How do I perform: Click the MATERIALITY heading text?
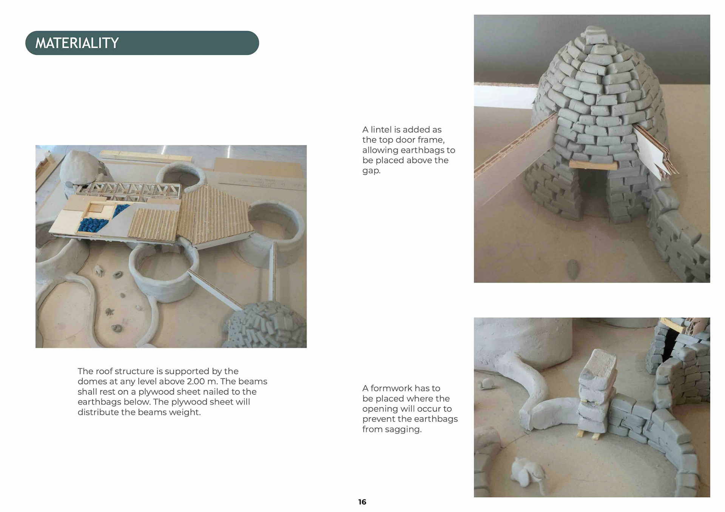[77, 43]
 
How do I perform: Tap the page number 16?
[362, 502]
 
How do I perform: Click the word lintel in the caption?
[381, 129]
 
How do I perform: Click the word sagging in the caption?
[404, 430]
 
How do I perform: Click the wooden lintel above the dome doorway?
[592, 165]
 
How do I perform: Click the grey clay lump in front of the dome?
[573, 268]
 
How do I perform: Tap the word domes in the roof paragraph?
[92, 381]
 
